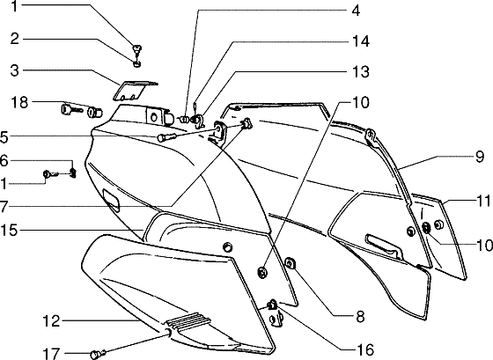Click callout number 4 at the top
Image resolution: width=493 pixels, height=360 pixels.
[356, 11]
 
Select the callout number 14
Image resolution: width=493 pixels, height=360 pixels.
[360, 41]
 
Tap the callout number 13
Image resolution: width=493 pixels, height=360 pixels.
[360, 72]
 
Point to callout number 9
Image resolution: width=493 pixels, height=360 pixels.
[479, 157]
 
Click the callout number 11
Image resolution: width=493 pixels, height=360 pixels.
[483, 201]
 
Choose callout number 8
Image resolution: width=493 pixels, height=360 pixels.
[360, 317]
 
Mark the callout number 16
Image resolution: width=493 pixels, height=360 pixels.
[365, 349]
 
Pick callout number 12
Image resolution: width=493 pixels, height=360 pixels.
[51, 321]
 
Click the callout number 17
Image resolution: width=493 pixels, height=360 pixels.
[51, 353]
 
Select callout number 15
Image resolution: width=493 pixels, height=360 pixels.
[9, 230]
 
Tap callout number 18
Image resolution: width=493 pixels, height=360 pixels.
[19, 102]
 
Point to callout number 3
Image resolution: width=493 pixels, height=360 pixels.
[14, 70]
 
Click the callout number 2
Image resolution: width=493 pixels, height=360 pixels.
[14, 40]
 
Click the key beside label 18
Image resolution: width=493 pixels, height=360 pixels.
[70, 110]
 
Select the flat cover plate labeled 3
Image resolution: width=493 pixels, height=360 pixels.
[136, 92]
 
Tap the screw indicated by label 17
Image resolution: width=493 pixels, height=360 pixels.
[98, 355]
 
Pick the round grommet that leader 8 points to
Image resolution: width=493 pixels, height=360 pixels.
[290, 263]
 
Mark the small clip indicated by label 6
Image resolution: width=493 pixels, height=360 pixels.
[73, 173]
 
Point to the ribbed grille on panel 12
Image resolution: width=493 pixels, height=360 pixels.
[188, 320]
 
